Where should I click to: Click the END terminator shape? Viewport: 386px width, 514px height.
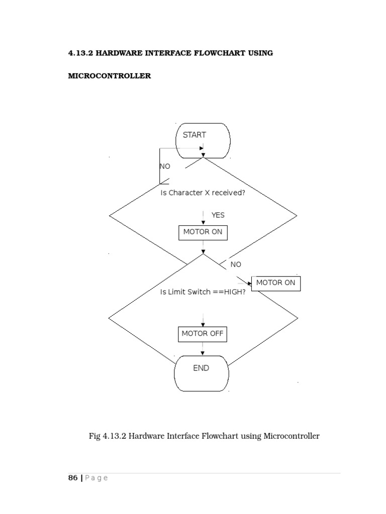click(202, 368)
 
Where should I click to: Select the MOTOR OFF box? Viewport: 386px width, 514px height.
click(203, 334)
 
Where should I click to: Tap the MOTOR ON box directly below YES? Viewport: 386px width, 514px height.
click(203, 233)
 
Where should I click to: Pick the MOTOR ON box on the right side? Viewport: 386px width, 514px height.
click(276, 283)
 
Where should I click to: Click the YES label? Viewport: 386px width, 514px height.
click(218, 215)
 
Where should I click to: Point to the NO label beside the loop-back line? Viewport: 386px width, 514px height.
click(165, 166)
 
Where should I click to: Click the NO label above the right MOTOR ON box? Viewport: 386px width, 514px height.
click(236, 265)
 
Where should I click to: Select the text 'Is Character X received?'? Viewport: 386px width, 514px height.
click(203, 193)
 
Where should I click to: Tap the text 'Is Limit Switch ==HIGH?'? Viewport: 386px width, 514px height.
click(203, 292)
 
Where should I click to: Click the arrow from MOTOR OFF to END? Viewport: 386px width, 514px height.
click(203, 349)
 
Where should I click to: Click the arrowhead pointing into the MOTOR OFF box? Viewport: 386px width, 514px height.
click(203, 324)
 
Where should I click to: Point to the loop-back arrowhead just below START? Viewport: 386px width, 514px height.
click(201, 149)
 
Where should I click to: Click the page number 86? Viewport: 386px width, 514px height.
click(73, 478)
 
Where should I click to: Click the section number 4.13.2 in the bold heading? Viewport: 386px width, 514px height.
click(80, 53)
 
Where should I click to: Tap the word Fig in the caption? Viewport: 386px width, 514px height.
click(94, 436)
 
